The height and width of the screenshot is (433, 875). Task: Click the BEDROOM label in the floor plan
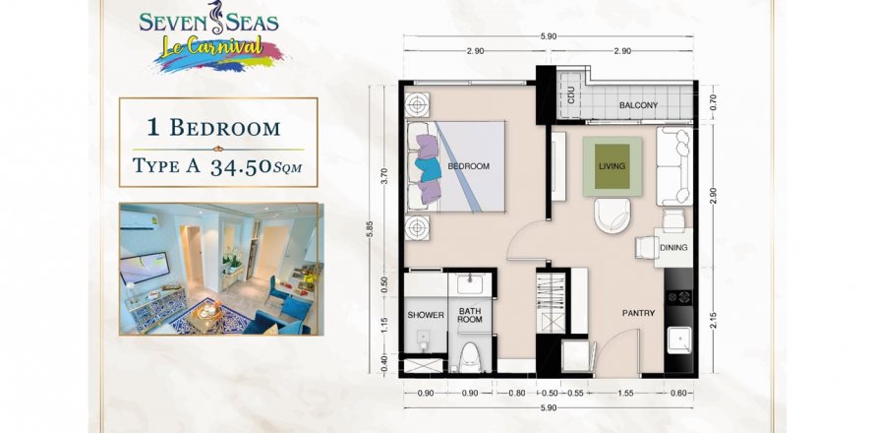(468, 166)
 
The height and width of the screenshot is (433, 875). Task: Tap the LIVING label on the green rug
(612, 166)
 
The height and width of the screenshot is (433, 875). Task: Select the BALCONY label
(638, 105)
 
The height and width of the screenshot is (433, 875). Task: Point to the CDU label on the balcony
(571, 97)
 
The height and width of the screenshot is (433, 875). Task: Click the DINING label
(673, 248)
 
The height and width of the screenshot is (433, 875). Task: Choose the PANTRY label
(638, 314)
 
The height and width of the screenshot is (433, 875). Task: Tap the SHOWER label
(426, 315)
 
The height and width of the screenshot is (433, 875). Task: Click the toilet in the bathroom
(469, 356)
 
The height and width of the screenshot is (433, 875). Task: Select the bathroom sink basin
(469, 283)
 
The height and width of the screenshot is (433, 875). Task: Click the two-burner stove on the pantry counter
(678, 297)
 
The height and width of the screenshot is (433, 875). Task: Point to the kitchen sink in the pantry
(679, 340)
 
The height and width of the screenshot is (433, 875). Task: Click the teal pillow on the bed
(429, 169)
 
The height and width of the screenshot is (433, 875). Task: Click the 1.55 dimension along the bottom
(626, 394)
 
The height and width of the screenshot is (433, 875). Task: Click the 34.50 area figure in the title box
(241, 167)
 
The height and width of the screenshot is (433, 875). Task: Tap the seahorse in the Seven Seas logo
(216, 18)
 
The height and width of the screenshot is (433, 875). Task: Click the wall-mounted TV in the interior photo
(145, 267)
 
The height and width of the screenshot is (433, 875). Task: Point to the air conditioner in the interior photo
(139, 219)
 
